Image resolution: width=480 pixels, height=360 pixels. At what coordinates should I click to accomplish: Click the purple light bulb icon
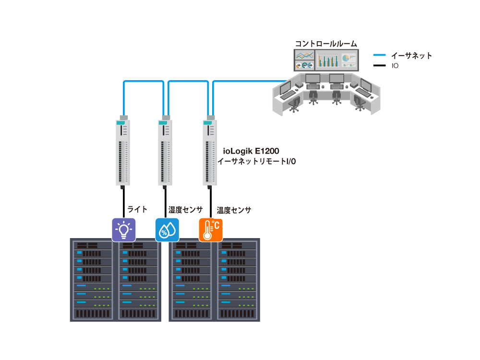pos(124,229)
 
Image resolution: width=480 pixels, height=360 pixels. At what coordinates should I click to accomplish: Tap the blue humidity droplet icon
pos(167,229)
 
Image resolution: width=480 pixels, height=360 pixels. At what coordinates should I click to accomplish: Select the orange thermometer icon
pos(211,229)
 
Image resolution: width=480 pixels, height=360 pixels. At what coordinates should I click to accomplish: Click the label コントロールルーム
pos(326,44)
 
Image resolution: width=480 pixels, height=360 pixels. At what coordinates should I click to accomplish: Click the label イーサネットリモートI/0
pos(257,162)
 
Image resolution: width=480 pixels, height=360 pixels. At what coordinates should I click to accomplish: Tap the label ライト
pos(137,209)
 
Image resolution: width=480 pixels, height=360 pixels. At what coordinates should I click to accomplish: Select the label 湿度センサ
pos(185,209)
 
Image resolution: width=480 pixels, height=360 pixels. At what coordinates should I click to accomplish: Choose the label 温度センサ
pos(234,210)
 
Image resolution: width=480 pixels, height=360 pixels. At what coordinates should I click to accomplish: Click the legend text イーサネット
pos(412,56)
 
